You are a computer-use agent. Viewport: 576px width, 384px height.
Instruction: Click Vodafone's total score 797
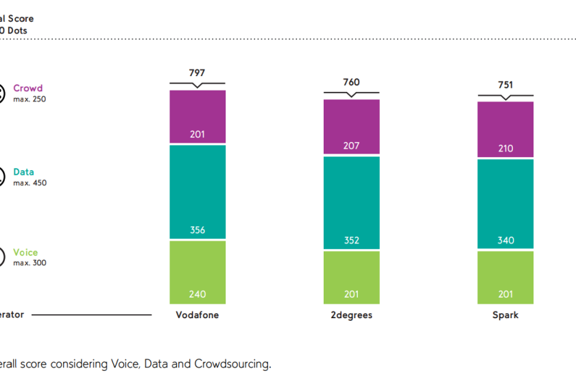tap(197, 73)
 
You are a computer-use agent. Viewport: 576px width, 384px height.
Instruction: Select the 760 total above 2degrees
tap(351, 82)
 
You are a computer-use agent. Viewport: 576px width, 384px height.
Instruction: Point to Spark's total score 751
tap(505, 85)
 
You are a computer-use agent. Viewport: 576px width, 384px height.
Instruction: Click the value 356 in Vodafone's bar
tap(197, 230)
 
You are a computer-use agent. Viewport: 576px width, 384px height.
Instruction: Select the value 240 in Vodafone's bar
tap(197, 295)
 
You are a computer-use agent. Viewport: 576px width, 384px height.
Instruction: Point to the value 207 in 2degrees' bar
tap(351, 146)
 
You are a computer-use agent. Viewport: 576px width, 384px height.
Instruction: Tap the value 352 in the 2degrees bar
tap(351, 241)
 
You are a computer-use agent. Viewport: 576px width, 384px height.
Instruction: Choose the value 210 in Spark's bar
tap(505, 148)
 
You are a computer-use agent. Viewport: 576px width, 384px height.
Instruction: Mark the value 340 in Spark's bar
tap(505, 241)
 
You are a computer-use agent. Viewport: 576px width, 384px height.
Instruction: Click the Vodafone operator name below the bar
tap(197, 315)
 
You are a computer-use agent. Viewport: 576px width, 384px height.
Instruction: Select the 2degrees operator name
tap(351, 315)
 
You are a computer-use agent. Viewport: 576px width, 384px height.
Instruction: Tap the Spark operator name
tap(505, 315)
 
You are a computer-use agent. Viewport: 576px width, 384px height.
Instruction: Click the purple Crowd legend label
tap(27, 88)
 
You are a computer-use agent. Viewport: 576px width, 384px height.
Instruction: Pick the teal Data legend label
tap(23, 172)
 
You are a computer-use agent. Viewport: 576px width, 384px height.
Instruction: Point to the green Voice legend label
tap(25, 252)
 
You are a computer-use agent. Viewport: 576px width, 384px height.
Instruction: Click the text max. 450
tap(29, 183)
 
